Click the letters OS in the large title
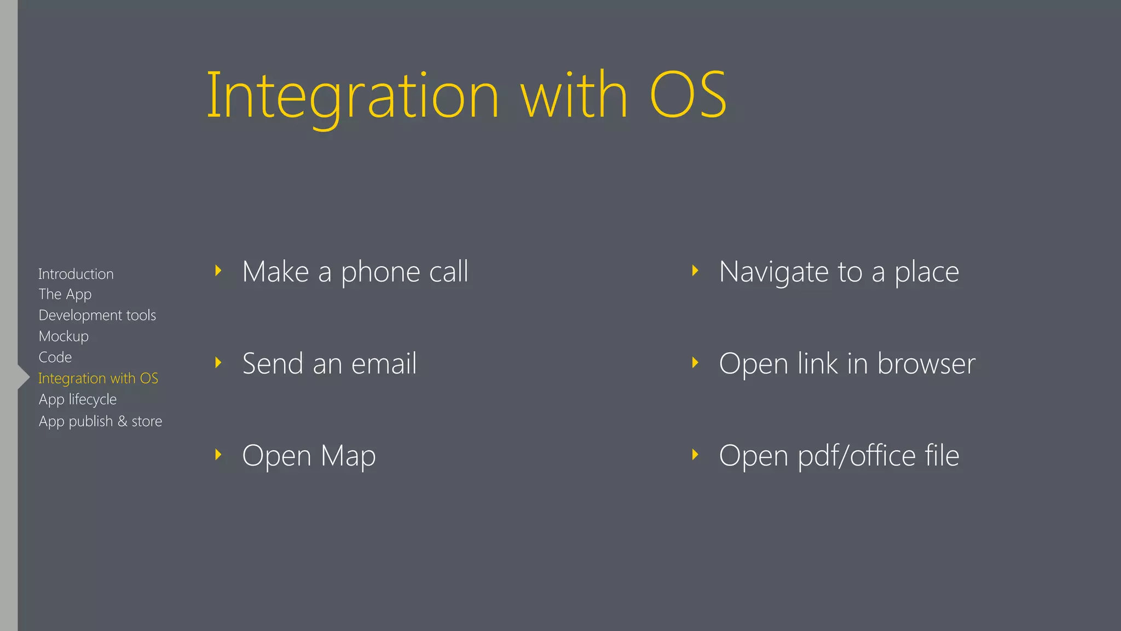(687, 95)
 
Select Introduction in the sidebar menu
(76, 274)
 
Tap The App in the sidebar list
(65, 295)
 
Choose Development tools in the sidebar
(97, 315)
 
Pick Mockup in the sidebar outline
(63, 336)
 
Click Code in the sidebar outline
(55, 357)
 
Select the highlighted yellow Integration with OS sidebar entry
(98, 378)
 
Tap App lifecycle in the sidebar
(78, 400)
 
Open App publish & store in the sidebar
(100, 421)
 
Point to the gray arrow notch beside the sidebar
(24, 377)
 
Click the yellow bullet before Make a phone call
(218, 271)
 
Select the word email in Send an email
(384, 364)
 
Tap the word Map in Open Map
(348, 456)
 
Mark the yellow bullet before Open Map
(218, 455)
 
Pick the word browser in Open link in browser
(926, 364)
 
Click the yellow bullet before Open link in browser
(695, 363)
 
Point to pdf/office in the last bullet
(856, 456)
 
